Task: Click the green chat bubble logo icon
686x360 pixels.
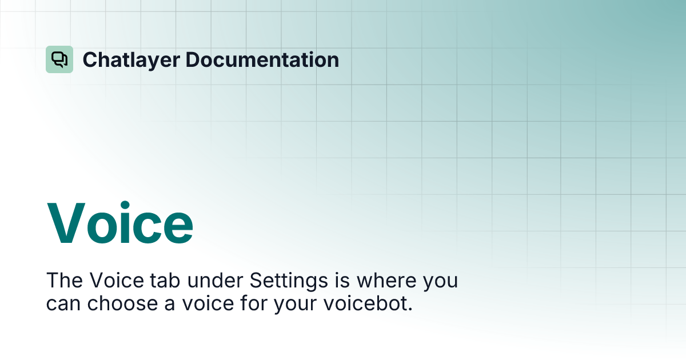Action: pos(59,59)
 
